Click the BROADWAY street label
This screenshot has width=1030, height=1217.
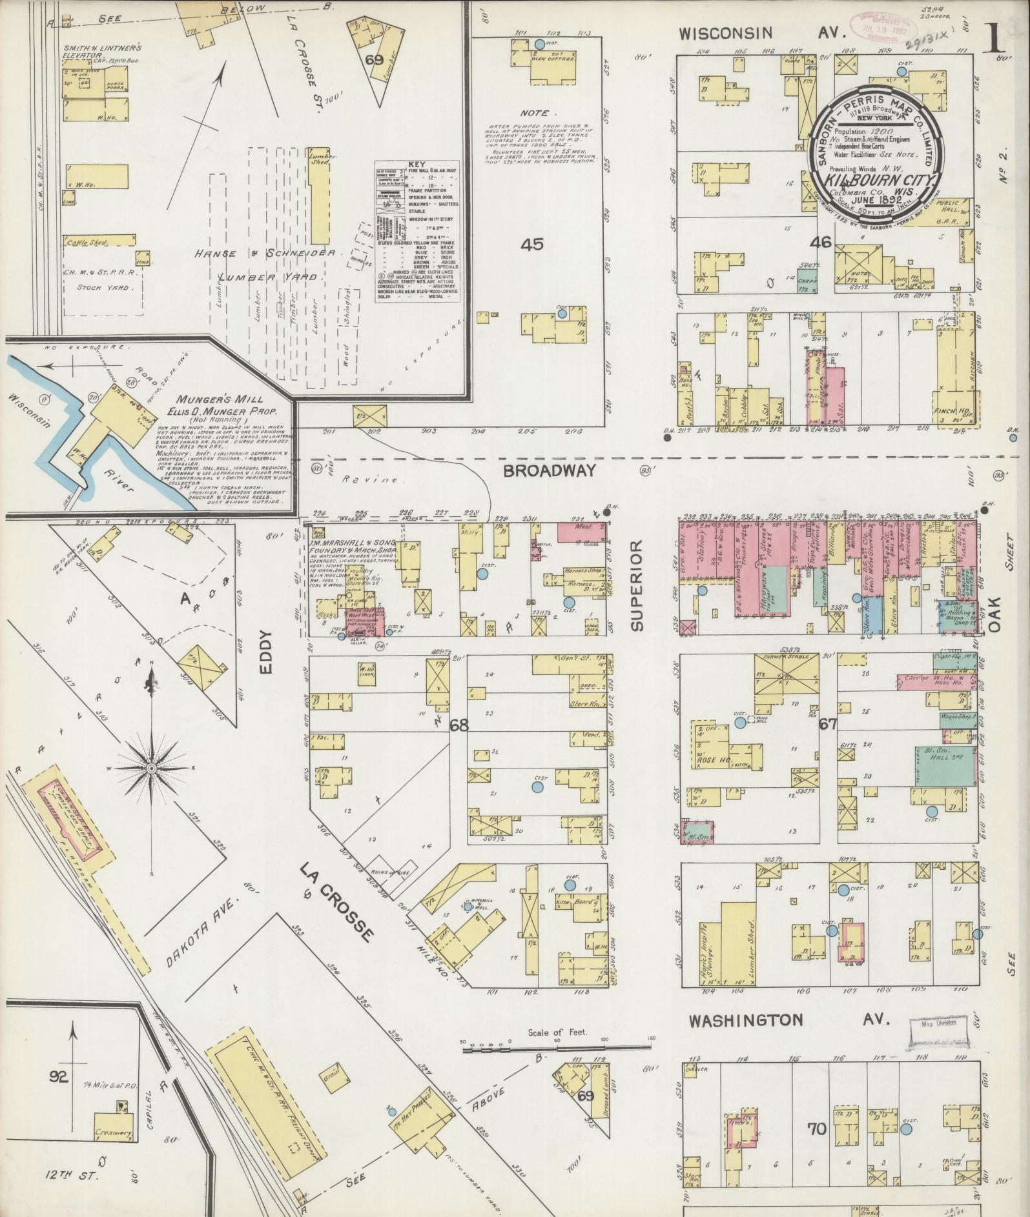[x=549, y=471]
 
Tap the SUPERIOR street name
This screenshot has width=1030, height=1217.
[x=638, y=586]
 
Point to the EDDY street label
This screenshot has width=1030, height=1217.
[x=267, y=652]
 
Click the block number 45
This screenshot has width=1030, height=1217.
[x=533, y=245]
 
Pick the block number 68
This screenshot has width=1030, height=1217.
[x=459, y=725]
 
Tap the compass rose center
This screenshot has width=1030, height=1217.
[x=151, y=768]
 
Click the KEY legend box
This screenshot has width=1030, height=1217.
[x=417, y=230]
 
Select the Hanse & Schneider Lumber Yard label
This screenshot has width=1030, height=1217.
[x=266, y=265]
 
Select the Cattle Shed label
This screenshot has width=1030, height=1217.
[x=87, y=243]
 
